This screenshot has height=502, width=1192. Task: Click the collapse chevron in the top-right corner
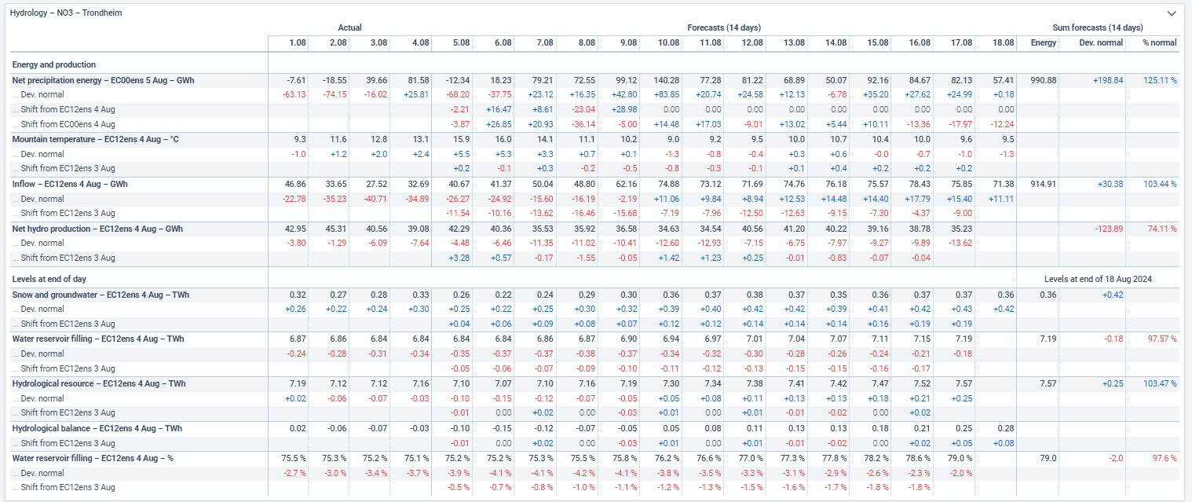(x=1172, y=13)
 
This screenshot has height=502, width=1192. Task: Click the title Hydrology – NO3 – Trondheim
(x=66, y=13)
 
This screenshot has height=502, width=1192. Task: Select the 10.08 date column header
(x=667, y=42)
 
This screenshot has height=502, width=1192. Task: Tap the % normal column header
(x=1159, y=42)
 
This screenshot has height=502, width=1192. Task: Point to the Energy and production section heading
(x=53, y=64)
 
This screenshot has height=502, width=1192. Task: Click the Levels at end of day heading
(x=49, y=279)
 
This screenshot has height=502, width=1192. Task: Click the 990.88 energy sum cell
(x=1043, y=80)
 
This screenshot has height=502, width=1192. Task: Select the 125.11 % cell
(x=1160, y=80)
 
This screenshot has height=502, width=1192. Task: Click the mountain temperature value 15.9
(x=461, y=140)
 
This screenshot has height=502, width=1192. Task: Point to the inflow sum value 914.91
(x=1043, y=184)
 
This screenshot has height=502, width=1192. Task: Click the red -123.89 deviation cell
(x=1109, y=229)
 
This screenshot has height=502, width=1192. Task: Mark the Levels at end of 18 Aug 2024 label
(x=1098, y=279)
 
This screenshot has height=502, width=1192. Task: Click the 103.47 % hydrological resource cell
(x=1160, y=384)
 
